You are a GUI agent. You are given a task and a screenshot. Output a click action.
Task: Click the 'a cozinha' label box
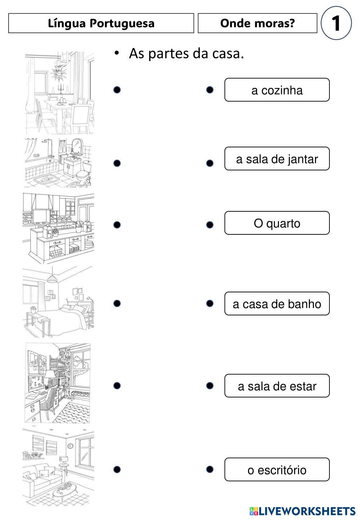coord(277,90)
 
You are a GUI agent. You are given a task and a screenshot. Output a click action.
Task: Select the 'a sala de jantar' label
coord(277,158)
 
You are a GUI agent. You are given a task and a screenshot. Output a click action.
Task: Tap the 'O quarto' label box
coord(277,223)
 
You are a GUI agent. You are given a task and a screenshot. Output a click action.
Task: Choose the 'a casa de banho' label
coord(277,304)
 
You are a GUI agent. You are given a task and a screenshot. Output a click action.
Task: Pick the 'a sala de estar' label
coord(277,386)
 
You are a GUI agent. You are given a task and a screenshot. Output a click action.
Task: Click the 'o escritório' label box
coord(277,469)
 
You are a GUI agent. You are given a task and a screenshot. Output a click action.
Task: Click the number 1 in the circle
coord(336,23)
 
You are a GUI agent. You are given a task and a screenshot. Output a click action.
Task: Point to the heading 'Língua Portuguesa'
coord(101,23)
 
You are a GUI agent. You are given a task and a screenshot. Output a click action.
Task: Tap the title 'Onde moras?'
coord(257,23)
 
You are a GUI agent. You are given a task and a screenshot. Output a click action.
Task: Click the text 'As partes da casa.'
coord(186,54)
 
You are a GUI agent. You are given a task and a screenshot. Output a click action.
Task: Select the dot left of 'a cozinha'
coord(210,90)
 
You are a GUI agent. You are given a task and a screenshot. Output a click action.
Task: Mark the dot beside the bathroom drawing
coord(117,163)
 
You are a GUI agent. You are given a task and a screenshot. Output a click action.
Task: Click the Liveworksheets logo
coord(302,511)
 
